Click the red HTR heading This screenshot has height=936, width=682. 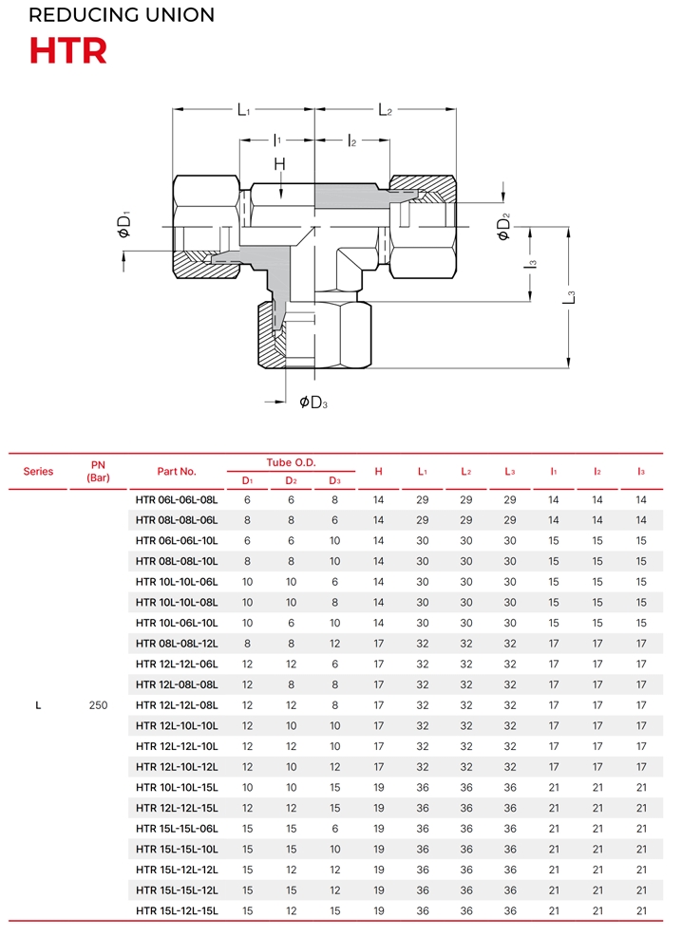68,50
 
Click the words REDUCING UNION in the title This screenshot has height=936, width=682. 122,15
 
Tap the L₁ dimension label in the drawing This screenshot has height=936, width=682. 244,110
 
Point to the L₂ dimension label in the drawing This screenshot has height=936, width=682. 386,110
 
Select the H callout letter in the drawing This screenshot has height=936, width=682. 279,163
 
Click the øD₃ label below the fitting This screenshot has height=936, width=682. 313,402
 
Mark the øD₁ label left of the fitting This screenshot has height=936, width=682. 124,224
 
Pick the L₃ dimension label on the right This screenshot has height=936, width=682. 569,297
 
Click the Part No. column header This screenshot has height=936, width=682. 177,472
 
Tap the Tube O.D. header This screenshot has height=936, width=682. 291,462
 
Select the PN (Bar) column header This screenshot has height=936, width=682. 99,471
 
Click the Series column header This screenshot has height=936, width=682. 38,472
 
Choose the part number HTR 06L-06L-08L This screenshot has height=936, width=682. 177,500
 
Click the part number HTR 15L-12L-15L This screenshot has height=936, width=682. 177,911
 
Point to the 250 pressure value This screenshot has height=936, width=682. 99,705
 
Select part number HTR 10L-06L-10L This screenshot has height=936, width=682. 177,623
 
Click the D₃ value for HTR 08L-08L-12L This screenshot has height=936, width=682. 335,644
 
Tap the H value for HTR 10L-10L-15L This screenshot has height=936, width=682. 379,787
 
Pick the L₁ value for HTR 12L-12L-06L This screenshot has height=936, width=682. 423,665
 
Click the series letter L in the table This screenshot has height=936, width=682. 38,705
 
